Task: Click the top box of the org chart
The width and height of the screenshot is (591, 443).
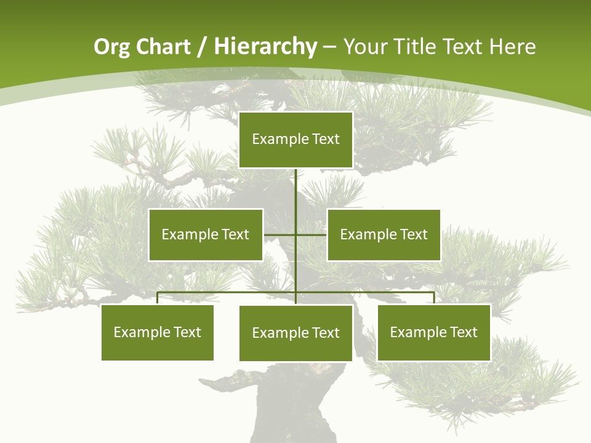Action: tap(295, 140)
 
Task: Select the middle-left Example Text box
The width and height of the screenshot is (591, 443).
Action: tap(205, 234)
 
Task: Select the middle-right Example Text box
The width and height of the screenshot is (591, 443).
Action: tap(384, 234)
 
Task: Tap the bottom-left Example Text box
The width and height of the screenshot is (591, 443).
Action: tap(157, 332)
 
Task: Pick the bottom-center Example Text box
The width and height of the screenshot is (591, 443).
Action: tap(295, 333)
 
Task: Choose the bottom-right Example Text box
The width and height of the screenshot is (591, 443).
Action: tap(433, 332)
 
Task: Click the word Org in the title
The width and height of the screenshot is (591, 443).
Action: tap(111, 47)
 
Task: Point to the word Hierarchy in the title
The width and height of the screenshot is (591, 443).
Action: tap(265, 47)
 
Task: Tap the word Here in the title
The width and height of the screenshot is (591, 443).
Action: tap(512, 47)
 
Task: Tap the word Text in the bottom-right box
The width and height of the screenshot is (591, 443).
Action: tap(463, 332)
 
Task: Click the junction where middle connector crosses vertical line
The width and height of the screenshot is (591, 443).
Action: tap(295, 234)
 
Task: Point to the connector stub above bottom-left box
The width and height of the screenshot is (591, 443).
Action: tap(157, 298)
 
